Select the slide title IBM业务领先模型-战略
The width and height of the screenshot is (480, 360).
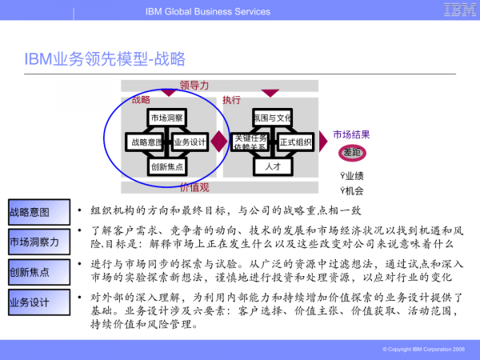pos(104,58)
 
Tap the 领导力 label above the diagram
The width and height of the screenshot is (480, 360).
pos(194,85)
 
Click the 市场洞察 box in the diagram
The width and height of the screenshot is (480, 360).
pos(166,118)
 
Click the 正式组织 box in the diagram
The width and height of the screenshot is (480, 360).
pos(295,142)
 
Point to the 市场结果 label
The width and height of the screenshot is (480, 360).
pos(351,134)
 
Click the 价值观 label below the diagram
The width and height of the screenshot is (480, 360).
pos(194,187)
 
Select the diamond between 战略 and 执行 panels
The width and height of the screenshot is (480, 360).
pos(219,142)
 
